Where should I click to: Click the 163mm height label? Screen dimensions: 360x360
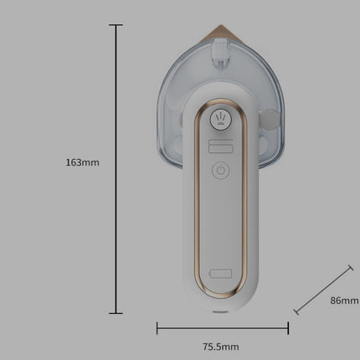coord(82,162)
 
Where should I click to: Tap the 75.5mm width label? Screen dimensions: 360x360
coord(221,346)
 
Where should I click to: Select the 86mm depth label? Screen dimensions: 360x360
coord(343,299)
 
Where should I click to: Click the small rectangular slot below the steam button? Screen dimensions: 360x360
coord(220,147)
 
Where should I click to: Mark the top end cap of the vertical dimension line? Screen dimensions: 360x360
coord(116,25)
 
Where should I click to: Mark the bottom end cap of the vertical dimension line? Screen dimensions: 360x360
coord(116,313)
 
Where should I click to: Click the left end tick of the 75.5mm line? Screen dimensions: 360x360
coord(157,327)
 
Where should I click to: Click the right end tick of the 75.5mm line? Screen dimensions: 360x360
coord(285,327)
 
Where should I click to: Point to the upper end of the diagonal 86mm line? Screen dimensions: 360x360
coord(351,268)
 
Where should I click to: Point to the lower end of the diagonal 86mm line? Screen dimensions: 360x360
coord(296,312)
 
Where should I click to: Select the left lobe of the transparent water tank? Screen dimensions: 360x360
coord(172,117)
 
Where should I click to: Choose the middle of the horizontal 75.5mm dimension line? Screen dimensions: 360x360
coord(221,327)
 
